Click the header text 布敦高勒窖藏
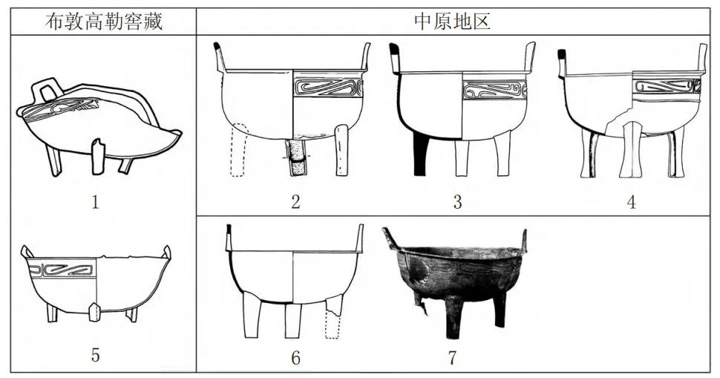tap(104, 22)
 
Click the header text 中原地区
tap(452, 21)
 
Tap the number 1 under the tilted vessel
tap(96, 202)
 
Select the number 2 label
tap(295, 202)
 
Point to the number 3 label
tap(457, 202)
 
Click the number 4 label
tap(632, 202)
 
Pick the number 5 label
tap(96, 355)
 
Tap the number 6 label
tap(295, 357)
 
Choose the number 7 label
tap(453, 357)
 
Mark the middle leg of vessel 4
tap(632, 150)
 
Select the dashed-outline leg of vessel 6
tap(333, 316)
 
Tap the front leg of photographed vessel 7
tap(455, 317)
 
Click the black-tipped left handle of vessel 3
tap(395, 59)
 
